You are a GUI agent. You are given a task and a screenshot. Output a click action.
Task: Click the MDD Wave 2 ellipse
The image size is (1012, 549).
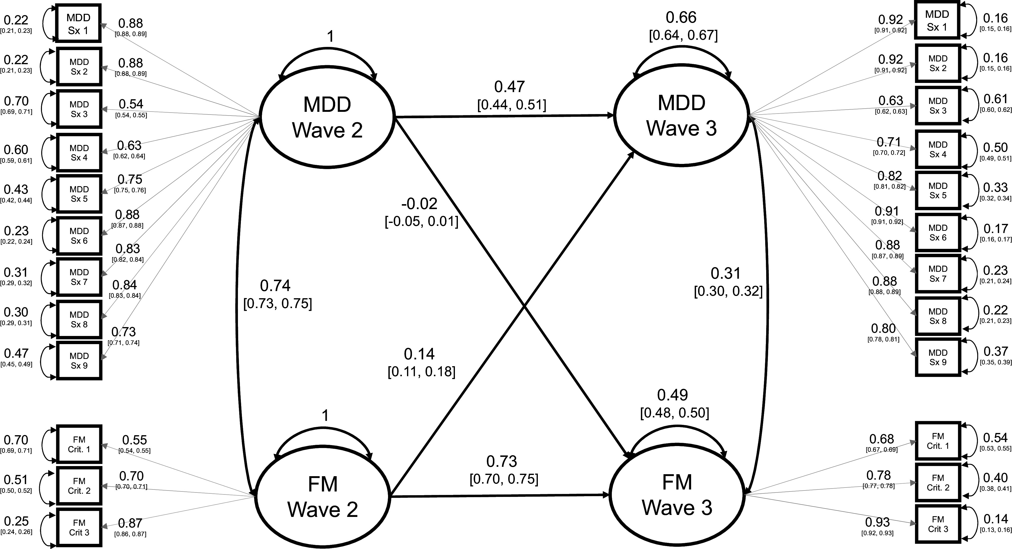click(327, 117)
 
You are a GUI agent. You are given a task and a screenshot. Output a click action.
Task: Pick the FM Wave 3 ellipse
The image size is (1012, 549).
click(677, 495)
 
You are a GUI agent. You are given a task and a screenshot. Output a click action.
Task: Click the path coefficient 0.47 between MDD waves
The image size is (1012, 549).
click(509, 87)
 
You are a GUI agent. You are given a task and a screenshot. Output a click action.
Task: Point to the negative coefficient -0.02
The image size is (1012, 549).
click(419, 204)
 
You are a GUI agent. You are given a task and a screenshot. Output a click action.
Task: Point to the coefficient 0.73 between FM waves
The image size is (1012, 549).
click(501, 461)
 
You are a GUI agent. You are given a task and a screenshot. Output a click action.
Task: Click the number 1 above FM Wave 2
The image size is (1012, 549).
click(325, 416)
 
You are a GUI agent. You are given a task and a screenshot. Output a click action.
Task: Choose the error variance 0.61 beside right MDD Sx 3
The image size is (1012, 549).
click(995, 99)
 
